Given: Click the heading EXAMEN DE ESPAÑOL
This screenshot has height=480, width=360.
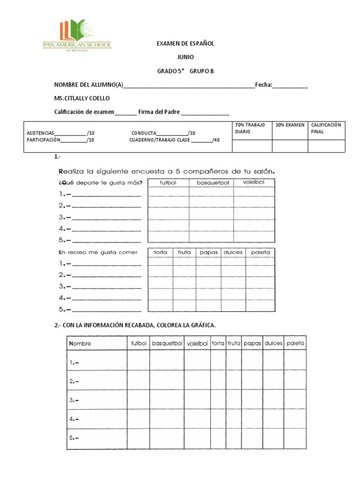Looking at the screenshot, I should (x=185, y=43).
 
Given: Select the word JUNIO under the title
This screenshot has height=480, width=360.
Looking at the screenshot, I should (x=185, y=57).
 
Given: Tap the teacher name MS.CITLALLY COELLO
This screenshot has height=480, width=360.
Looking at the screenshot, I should (x=82, y=98).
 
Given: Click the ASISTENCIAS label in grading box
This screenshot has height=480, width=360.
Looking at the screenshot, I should (x=41, y=133).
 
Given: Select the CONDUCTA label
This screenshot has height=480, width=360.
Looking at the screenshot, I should (x=144, y=133).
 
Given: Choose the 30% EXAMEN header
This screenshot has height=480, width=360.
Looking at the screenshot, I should (x=290, y=125).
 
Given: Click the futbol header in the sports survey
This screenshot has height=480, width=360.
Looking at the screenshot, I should (x=168, y=183).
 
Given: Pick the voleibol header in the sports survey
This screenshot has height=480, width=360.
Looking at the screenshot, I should (x=254, y=183).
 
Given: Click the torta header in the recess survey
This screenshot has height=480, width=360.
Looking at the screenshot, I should (x=160, y=252).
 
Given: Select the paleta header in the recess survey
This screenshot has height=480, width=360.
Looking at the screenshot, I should (x=261, y=252).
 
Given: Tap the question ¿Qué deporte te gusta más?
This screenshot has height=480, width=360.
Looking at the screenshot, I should (x=99, y=182).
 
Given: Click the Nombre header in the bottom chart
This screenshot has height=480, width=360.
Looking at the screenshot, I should (x=80, y=344).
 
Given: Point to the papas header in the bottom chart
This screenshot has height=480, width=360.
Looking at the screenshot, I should (x=252, y=344).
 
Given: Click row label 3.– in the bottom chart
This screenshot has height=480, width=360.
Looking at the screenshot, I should (x=74, y=400).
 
